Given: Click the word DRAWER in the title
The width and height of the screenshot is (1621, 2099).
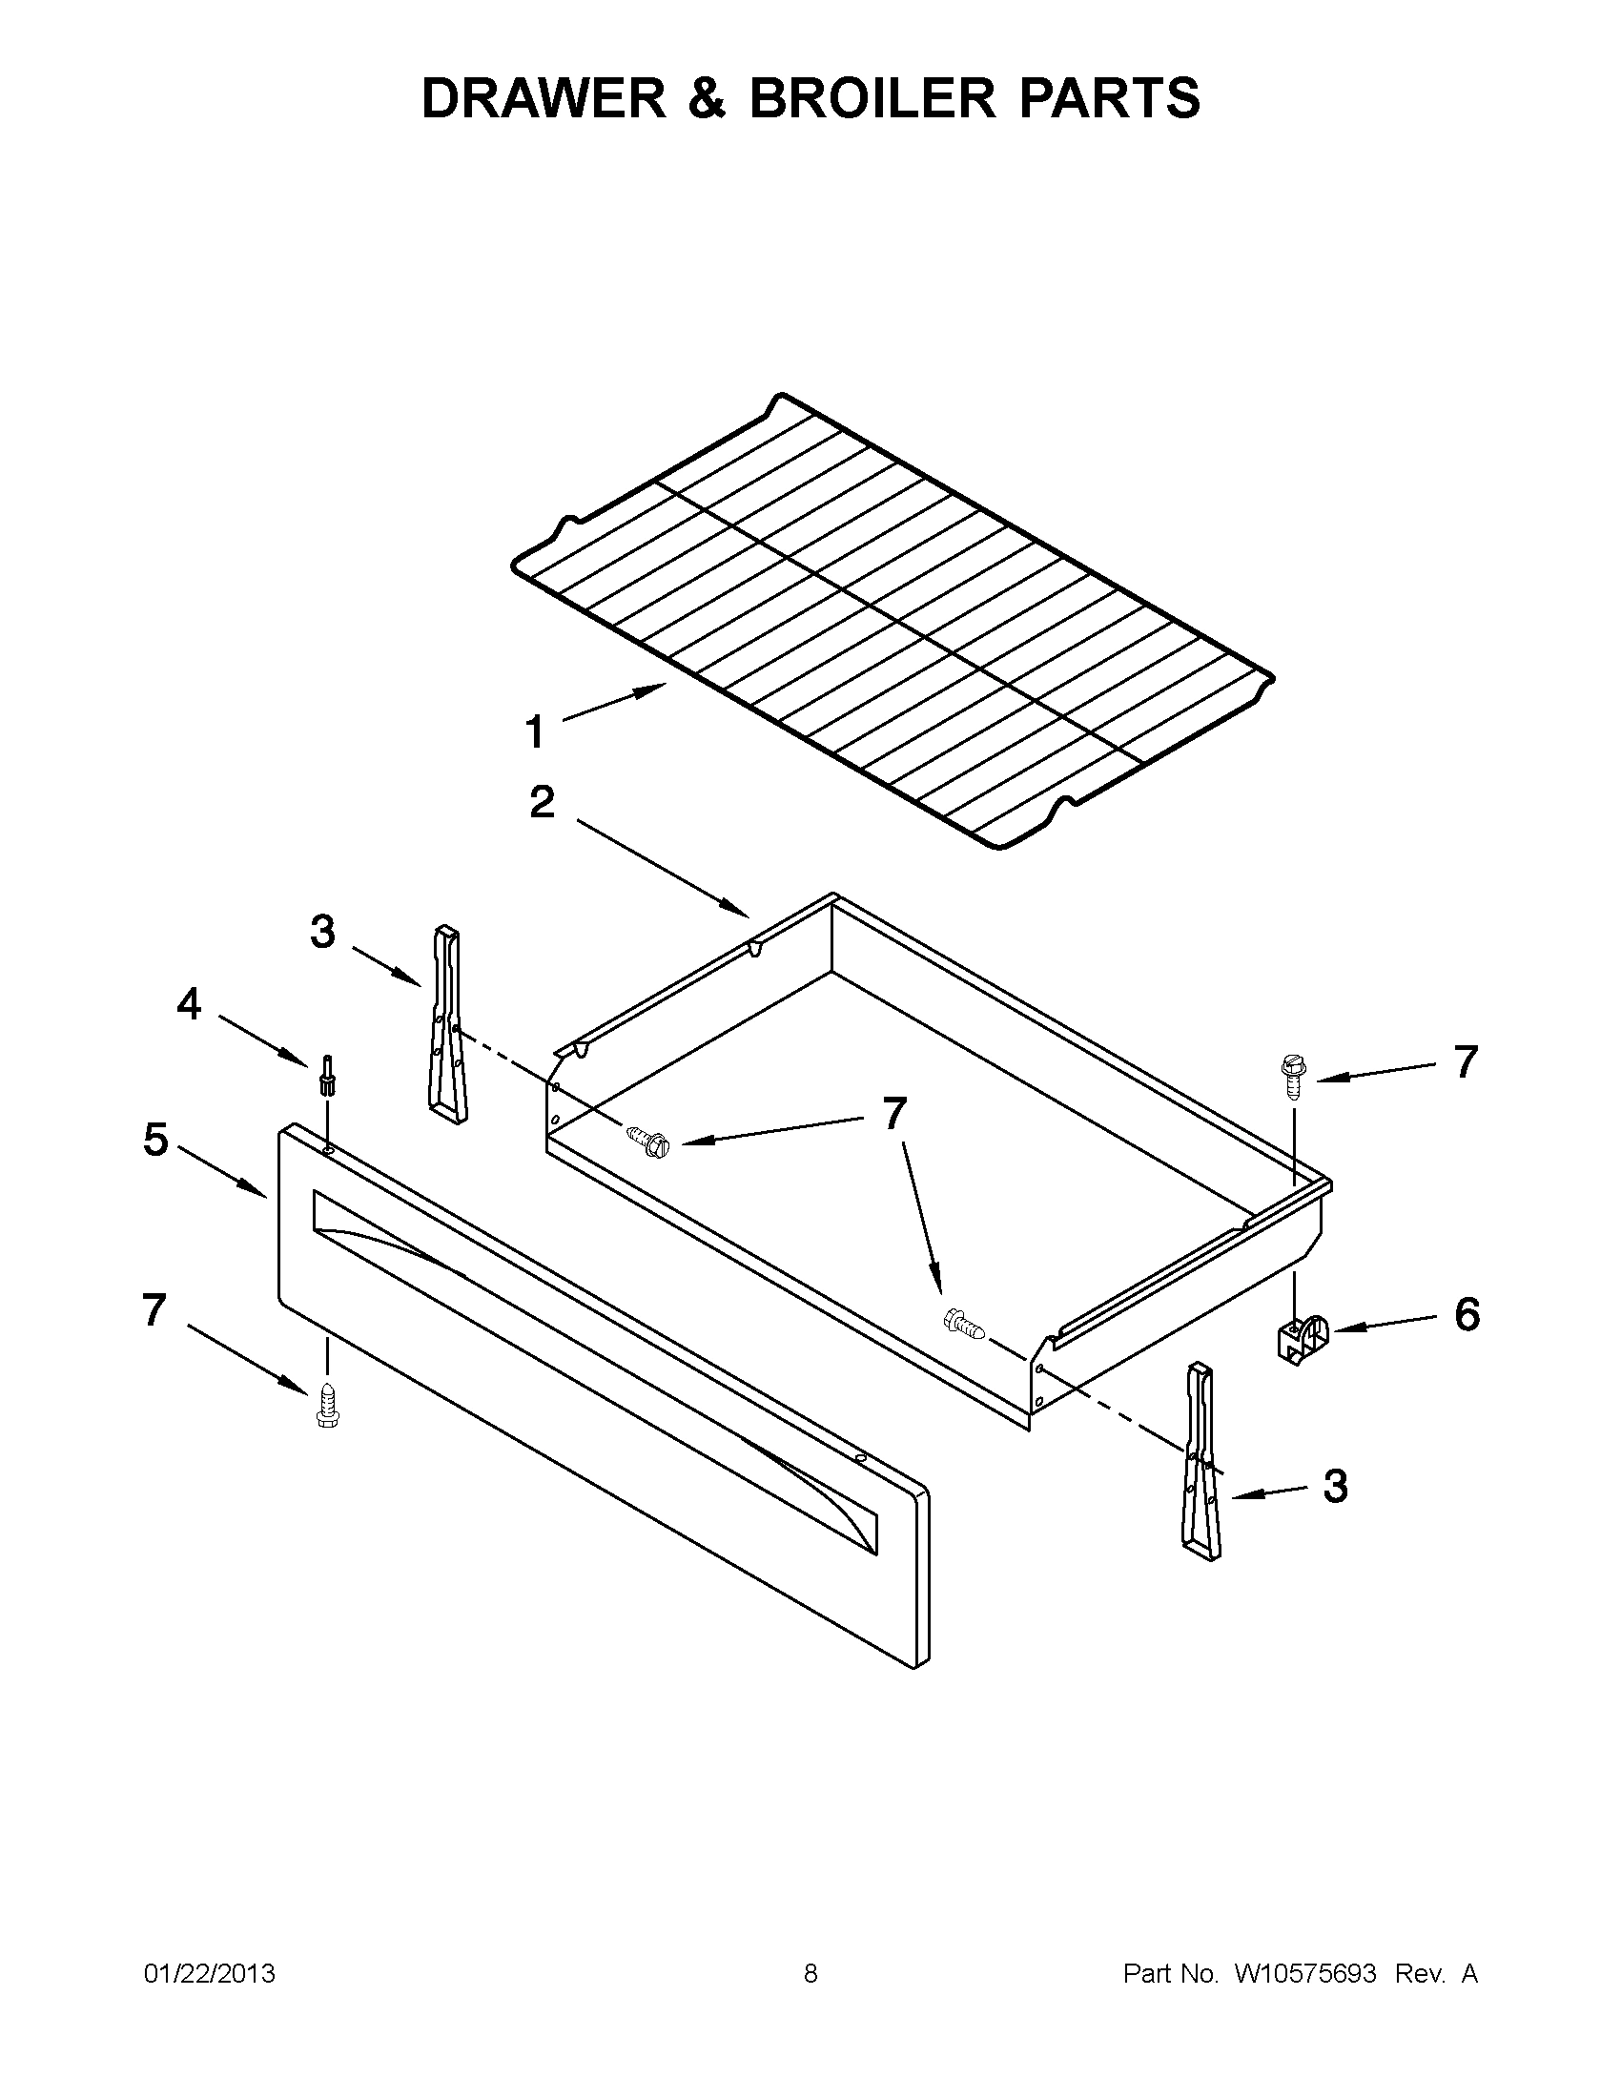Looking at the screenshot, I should (544, 98).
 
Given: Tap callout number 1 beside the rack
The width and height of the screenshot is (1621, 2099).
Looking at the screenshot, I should (534, 732).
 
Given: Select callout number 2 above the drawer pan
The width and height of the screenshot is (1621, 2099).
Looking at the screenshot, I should (542, 801).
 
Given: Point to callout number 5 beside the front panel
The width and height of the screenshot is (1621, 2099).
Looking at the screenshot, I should (155, 1140).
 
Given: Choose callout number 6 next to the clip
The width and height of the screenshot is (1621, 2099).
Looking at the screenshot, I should (1467, 1314).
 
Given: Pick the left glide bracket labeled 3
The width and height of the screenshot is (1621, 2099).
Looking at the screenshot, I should (447, 1024).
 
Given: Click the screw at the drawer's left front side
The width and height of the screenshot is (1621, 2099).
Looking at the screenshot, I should (647, 1141).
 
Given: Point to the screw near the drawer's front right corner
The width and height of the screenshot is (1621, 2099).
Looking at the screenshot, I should (965, 1325).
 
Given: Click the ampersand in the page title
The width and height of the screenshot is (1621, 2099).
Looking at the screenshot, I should (708, 98).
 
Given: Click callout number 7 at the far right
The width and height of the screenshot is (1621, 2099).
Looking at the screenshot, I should (1465, 1062).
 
